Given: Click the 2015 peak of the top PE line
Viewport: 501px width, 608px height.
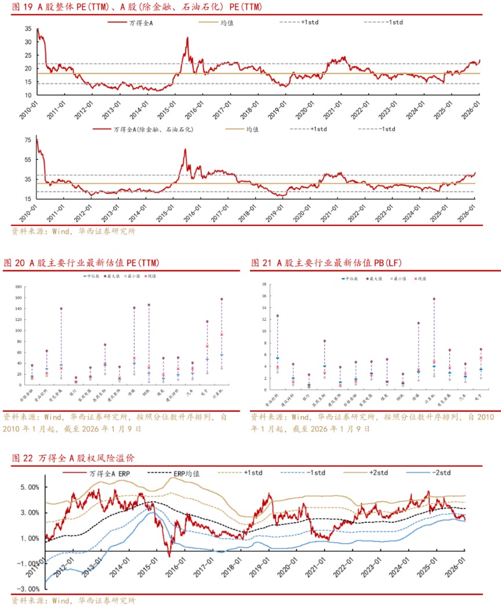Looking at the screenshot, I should [187, 38].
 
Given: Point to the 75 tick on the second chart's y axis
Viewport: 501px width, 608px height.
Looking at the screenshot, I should [27, 140].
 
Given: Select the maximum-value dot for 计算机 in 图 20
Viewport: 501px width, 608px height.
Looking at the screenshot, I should [222, 299].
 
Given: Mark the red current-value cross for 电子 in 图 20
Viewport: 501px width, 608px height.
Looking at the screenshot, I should [207, 346].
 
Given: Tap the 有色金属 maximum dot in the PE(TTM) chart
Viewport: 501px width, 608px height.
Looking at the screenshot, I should [61, 309].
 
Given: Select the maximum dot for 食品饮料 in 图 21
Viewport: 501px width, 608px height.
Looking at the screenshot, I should [277, 316].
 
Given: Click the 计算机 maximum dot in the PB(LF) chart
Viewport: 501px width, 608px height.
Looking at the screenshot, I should [434, 299].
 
